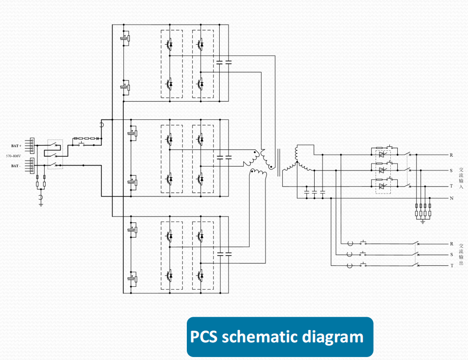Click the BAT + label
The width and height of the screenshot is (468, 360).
[16, 146]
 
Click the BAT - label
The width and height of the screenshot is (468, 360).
[16, 166]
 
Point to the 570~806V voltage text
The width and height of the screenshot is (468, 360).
[13, 156]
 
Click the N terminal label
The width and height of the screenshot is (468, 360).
[452, 198]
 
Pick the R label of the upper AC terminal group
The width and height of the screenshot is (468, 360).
[451, 155]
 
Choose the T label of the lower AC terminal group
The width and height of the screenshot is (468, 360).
[452, 265]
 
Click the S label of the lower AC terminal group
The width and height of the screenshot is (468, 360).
[452, 255]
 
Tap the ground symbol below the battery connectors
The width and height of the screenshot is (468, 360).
[41, 205]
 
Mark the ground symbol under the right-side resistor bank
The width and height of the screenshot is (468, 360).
[423, 222]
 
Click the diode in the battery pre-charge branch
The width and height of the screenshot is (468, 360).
[97, 138]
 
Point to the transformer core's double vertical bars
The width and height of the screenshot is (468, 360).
[279, 163]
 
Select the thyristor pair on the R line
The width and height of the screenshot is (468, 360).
[381, 155]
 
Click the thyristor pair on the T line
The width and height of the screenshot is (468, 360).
[381, 186]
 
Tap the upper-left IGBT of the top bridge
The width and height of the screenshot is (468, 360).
[169, 44]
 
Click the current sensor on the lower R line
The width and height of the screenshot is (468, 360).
[350, 244]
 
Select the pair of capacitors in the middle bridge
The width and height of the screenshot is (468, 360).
[224, 157]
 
